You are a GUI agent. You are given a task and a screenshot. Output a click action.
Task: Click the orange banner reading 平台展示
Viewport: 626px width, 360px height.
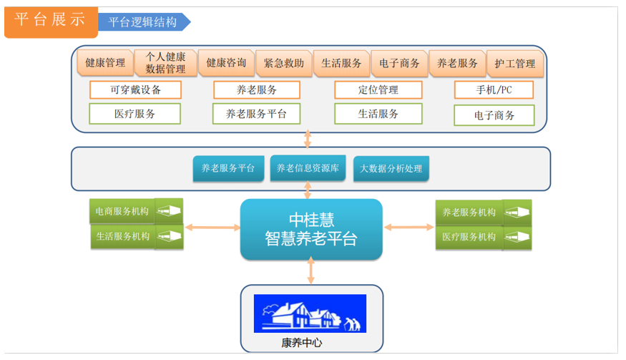[51, 22]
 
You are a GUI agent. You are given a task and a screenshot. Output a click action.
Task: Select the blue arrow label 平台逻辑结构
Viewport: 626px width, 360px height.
[144, 22]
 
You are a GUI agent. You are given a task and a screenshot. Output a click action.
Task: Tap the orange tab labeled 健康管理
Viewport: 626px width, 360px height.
[105, 63]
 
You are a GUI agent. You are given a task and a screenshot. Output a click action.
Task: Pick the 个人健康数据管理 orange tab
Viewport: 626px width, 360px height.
[165, 63]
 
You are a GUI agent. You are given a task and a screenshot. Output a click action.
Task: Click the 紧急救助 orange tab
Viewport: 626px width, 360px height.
[284, 63]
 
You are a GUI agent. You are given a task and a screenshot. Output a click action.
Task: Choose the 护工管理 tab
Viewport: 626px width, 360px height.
[515, 64]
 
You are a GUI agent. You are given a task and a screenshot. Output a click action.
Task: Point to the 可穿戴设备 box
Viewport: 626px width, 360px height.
[135, 90]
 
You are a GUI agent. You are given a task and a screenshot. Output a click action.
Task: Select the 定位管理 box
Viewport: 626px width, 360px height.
[378, 90]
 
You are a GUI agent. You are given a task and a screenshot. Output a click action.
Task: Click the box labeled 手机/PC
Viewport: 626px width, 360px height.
[494, 90]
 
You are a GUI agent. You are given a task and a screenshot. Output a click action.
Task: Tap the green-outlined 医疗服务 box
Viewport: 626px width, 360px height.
[135, 114]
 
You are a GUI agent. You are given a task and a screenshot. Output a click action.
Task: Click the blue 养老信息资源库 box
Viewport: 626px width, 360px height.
[308, 168]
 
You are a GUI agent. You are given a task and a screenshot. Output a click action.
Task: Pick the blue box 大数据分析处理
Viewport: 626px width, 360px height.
[391, 169]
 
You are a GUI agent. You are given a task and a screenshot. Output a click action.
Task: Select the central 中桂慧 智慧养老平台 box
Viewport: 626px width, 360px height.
[311, 229]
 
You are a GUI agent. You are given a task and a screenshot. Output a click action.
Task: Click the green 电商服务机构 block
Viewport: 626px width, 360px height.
[136, 211]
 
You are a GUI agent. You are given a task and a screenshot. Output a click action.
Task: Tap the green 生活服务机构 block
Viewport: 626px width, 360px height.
[137, 236]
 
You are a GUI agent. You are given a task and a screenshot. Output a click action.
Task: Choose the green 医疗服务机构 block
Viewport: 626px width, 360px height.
[484, 238]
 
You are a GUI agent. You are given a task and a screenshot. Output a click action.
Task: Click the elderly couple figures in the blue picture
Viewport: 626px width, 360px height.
[353, 324]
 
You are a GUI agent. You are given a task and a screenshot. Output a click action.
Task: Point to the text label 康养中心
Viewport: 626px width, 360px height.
[302, 343]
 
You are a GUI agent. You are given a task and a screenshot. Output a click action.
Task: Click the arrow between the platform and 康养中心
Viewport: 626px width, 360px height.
[311, 271]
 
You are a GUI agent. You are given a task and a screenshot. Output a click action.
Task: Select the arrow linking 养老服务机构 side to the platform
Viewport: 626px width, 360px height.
[409, 228]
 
